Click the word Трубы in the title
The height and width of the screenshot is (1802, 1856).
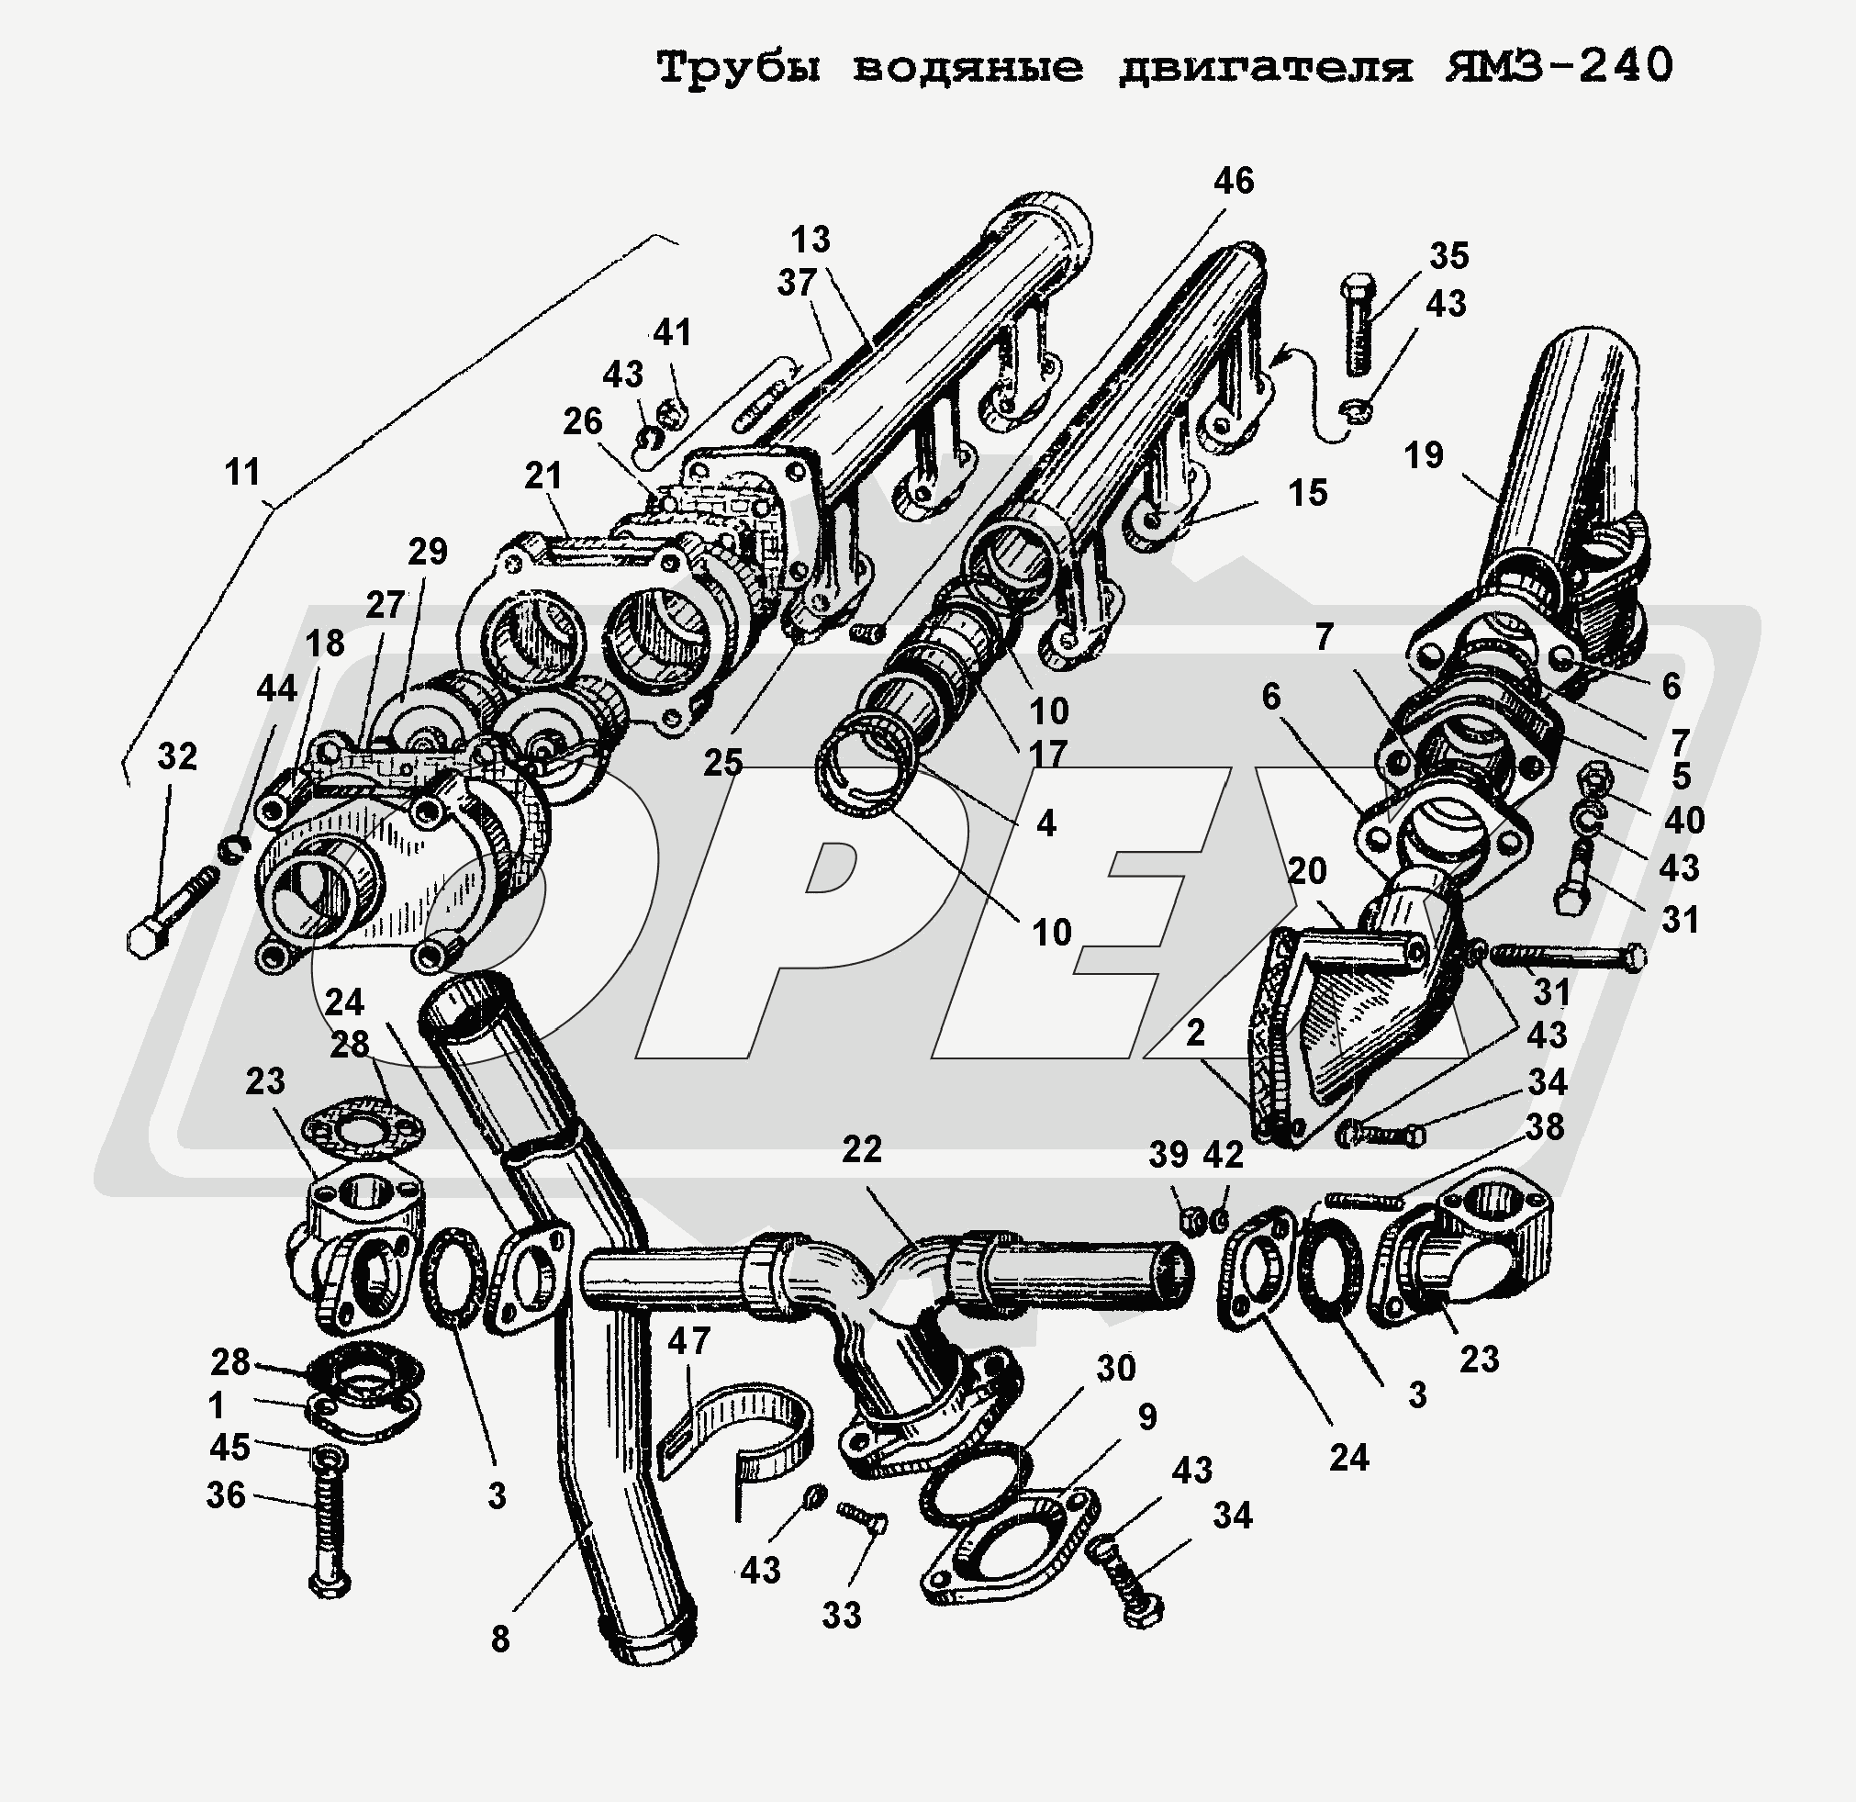click(740, 68)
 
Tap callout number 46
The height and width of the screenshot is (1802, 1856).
click(1233, 181)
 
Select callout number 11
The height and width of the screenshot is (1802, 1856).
click(242, 472)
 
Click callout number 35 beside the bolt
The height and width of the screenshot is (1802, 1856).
click(1448, 256)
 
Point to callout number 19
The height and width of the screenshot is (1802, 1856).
click(1425, 455)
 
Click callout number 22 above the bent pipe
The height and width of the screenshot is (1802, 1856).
click(862, 1149)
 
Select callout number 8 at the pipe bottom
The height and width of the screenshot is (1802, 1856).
click(501, 1639)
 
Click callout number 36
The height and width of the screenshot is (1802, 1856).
click(227, 1495)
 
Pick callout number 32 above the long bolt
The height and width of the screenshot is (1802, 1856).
click(177, 756)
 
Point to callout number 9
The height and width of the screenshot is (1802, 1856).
click(1147, 1416)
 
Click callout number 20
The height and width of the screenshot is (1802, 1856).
click(1308, 870)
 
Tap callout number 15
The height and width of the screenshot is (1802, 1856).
click(1308, 492)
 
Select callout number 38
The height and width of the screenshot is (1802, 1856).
click(1545, 1127)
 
